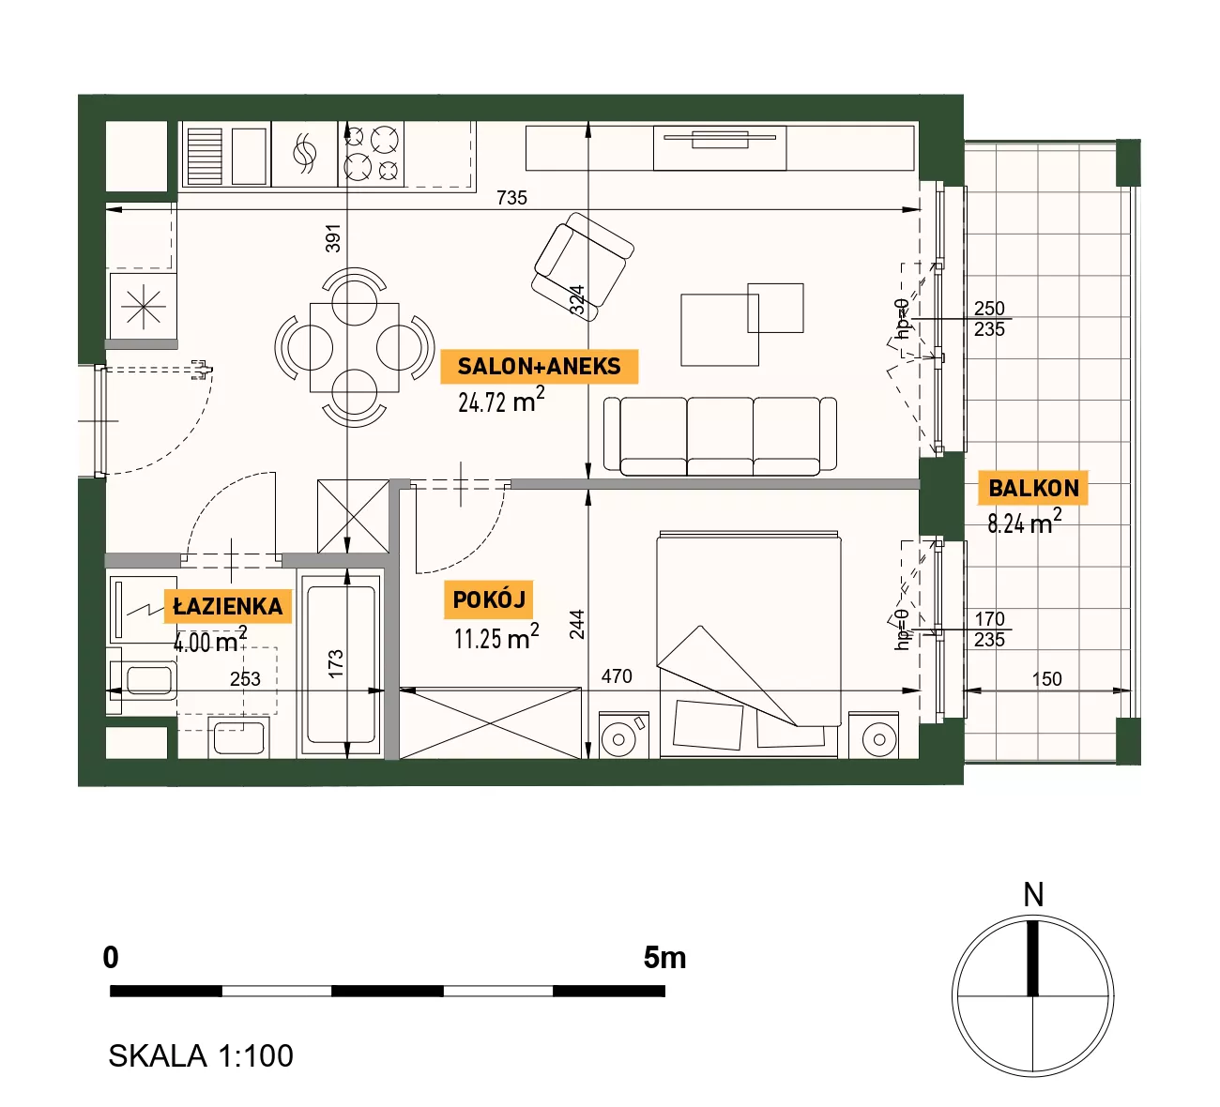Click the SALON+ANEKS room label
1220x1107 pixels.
pyautogui.click(x=539, y=366)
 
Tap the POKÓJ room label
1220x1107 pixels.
pyautogui.click(x=489, y=599)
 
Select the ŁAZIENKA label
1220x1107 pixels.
pyautogui.click(x=227, y=606)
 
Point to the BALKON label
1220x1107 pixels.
pyautogui.click(x=1033, y=488)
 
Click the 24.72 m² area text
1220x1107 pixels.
pyautogui.click(x=501, y=401)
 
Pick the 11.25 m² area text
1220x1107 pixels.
pyautogui.click(x=496, y=637)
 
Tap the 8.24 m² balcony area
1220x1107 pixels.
pyautogui.click(x=1025, y=522)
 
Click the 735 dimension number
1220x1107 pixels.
pyautogui.click(x=511, y=198)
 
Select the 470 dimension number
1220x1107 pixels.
pyautogui.click(x=617, y=675)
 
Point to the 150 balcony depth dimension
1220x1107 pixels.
pyautogui.click(x=1046, y=679)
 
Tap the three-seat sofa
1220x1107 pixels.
pyautogui.click(x=720, y=436)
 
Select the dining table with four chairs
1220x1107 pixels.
pyautogui.click(x=354, y=347)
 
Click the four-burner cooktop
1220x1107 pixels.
pyautogui.click(x=371, y=154)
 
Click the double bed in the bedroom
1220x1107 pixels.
pyautogui.click(x=749, y=644)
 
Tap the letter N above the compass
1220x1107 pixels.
pyautogui.click(x=1033, y=895)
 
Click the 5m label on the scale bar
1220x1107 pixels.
pyautogui.click(x=664, y=958)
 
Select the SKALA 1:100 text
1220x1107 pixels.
pyautogui.click(x=201, y=1056)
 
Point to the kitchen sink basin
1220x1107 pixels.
pyautogui.click(x=249, y=156)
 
